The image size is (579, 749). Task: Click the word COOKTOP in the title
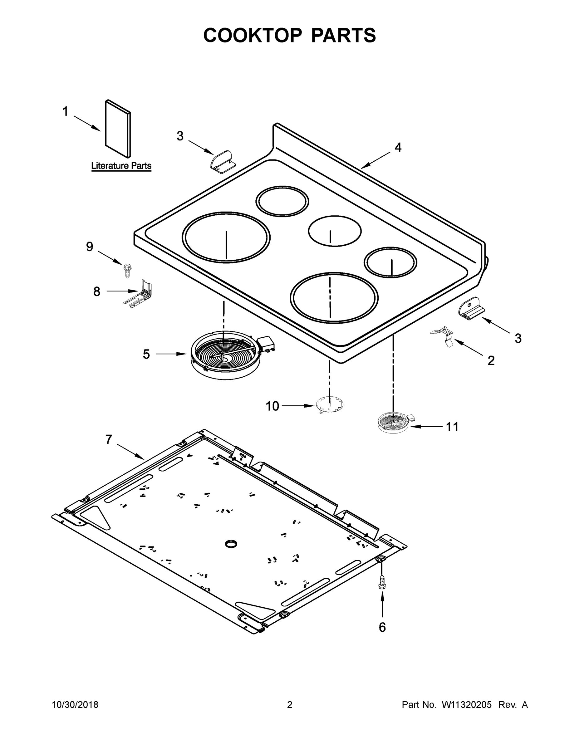pos(253,35)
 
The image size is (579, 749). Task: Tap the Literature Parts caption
pos(121,166)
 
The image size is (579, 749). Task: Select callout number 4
pos(398,148)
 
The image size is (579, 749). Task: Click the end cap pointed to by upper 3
pos(222,160)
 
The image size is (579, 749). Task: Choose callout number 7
pos(109,439)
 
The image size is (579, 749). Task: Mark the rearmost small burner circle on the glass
pos(282,201)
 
